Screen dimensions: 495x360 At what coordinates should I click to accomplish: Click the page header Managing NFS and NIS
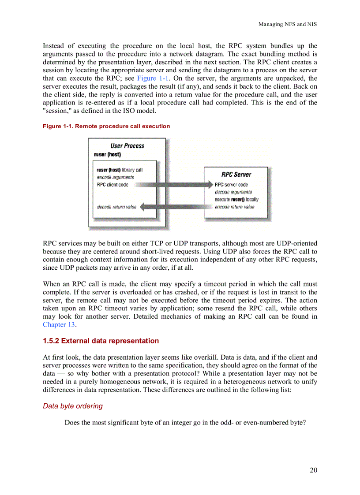pyautogui.click(x=287, y=24)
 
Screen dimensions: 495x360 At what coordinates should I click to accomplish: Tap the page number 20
pyautogui.click(x=313, y=470)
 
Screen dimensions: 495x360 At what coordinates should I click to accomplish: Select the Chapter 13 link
pyautogui.click(x=59, y=324)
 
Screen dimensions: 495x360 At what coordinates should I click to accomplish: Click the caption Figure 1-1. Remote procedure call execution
pyautogui.click(x=106, y=126)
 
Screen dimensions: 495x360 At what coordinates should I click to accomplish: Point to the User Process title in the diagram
pyautogui.click(x=127, y=145)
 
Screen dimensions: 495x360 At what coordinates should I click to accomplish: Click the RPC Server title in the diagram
pyautogui.click(x=236, y=175)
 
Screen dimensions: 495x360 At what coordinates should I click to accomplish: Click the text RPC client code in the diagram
pyautogui.click(x=112, y=185)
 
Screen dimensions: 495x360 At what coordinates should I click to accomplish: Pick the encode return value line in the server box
pyautogui.click(x=234, y=207)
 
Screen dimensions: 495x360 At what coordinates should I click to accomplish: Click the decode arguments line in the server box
pyautogui.click(x=233, y=192)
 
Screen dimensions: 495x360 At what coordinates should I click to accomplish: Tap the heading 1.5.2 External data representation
pyautogui.click(x=101, y=341)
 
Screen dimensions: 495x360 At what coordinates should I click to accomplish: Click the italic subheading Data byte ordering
pyautogui.click(x=73, y=406)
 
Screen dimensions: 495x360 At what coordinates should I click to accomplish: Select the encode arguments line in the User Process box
pyautogui.click(x=115, y=177)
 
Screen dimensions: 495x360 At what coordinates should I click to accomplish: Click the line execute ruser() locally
pyautogui.click(x=236, y=199)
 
